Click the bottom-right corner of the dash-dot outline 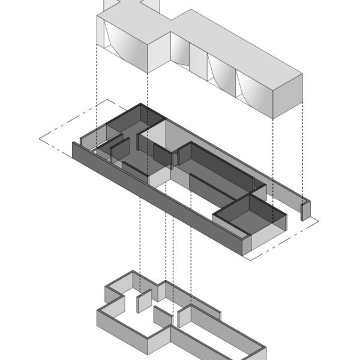click(x=248, y=259)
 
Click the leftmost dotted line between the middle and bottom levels click(x=140, y=240)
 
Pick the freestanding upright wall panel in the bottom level click(x=142, y=303)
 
